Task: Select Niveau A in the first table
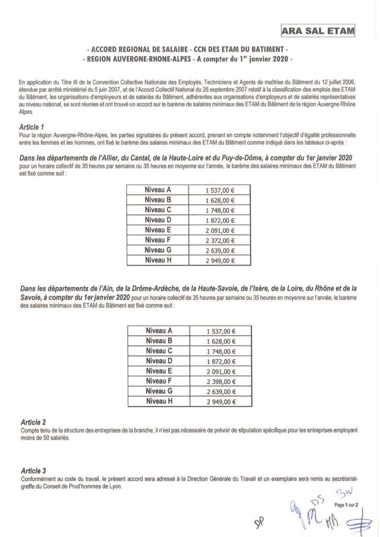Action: pyautogui.click(x=159, y=190)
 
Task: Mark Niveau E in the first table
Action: pyautogui.click(x=159, y=230)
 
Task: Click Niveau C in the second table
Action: pyautogui.click(x=159, y=351)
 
